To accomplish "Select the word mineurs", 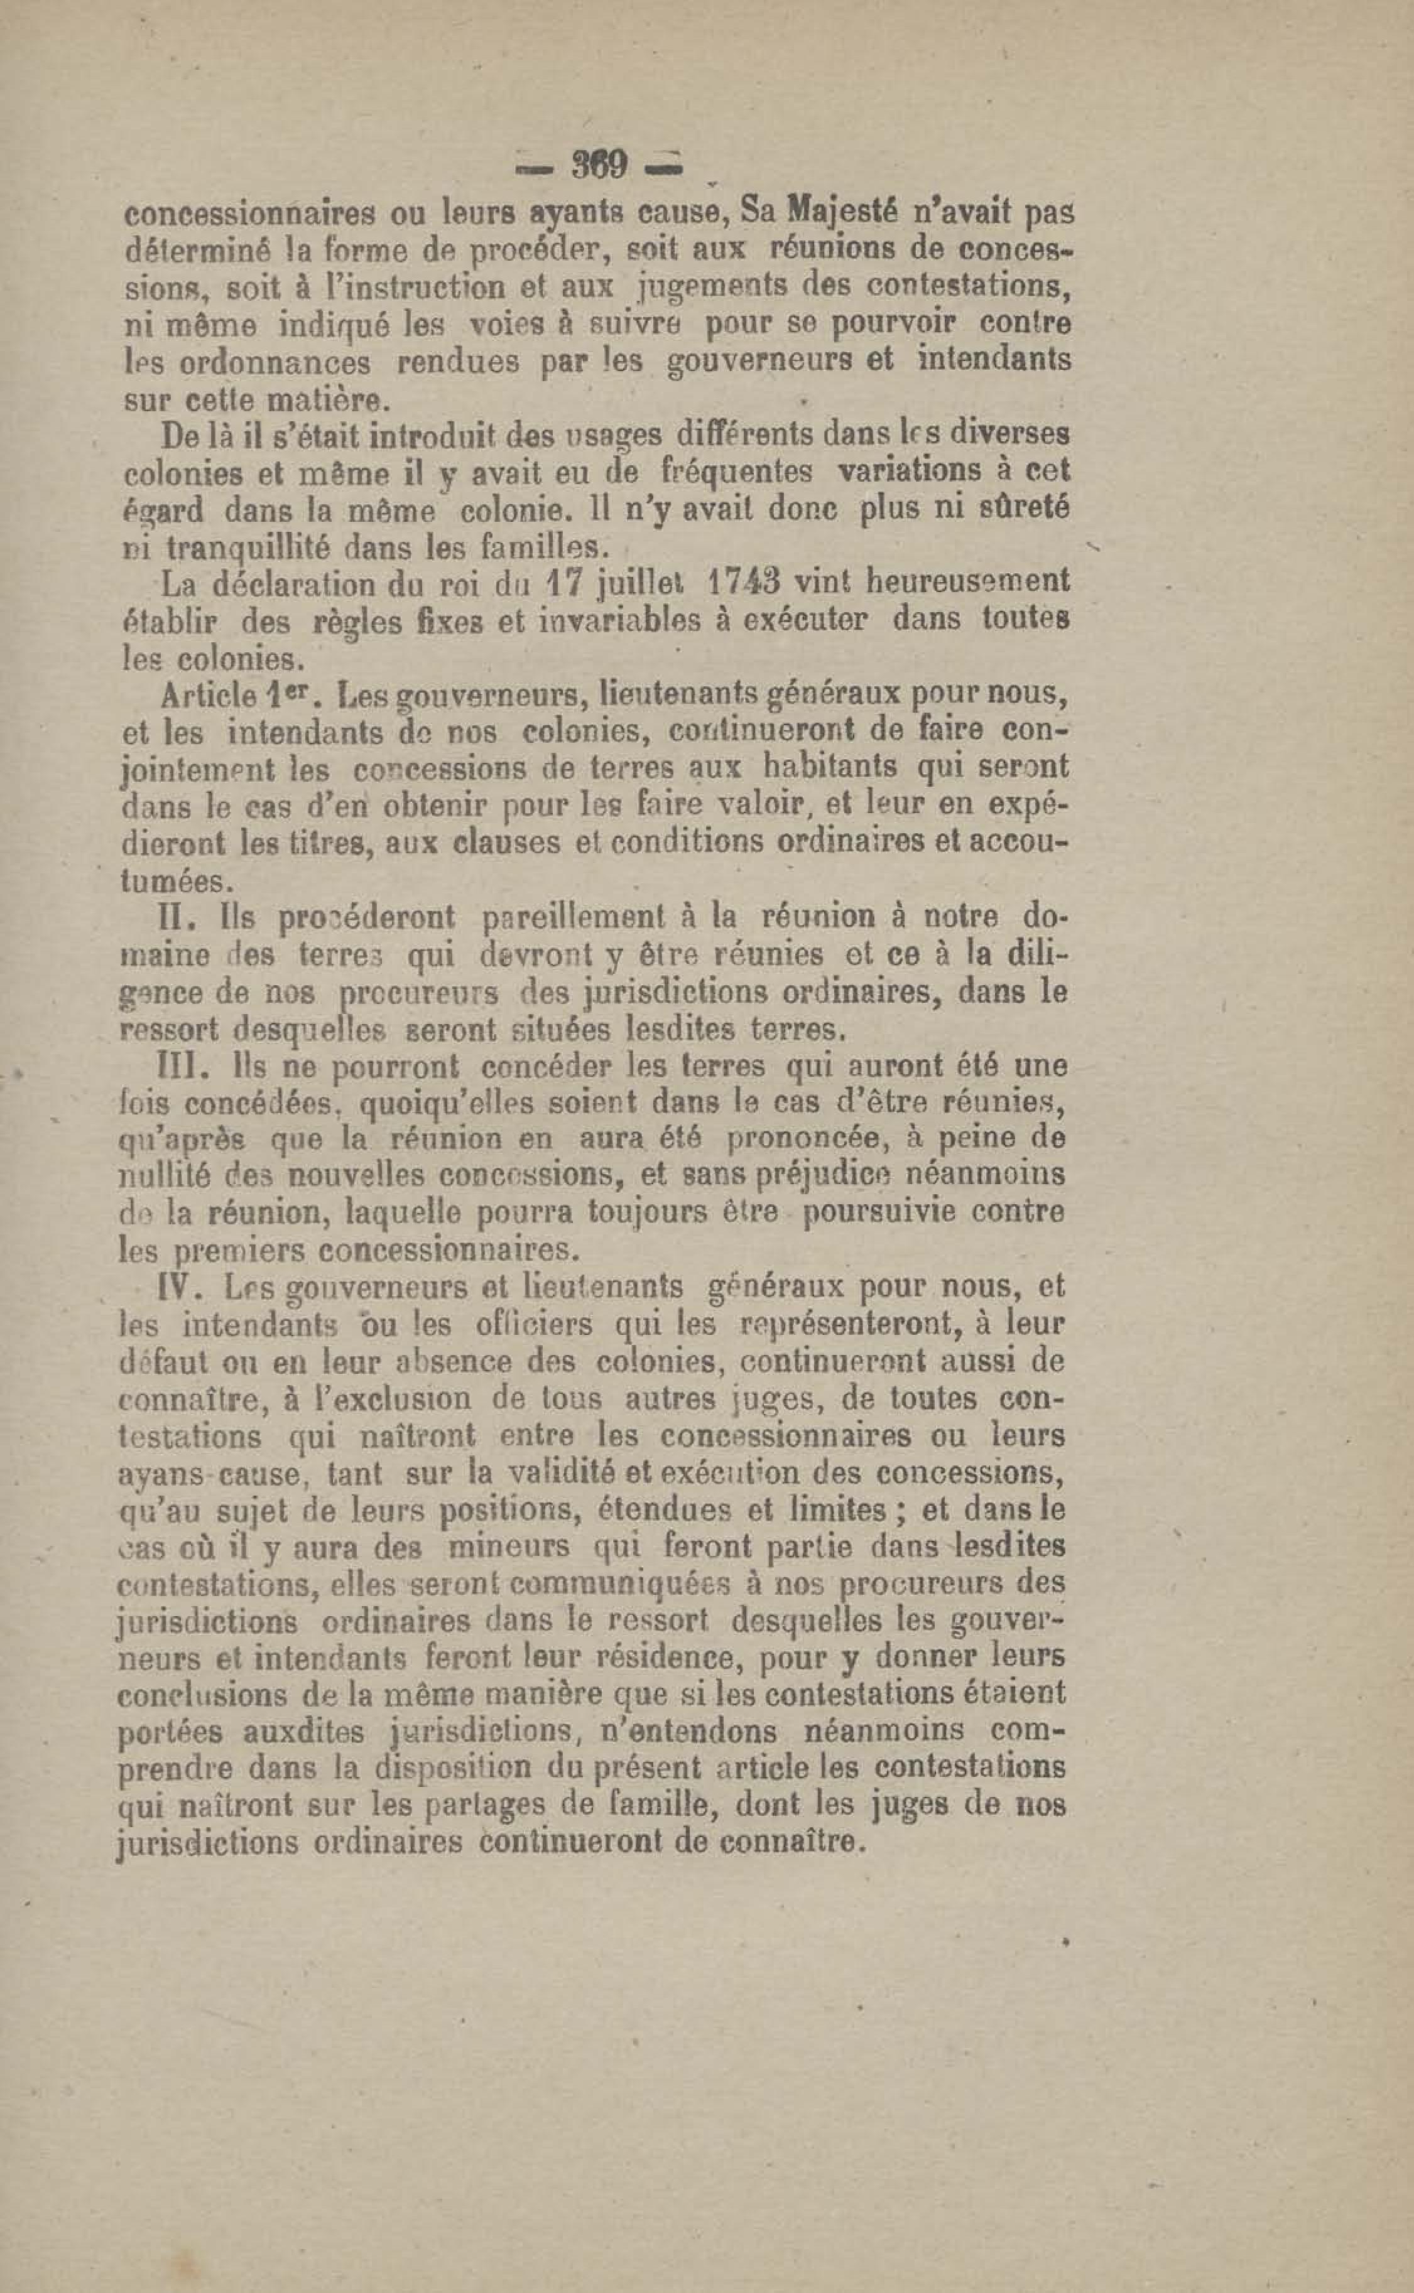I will point(509,1546).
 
